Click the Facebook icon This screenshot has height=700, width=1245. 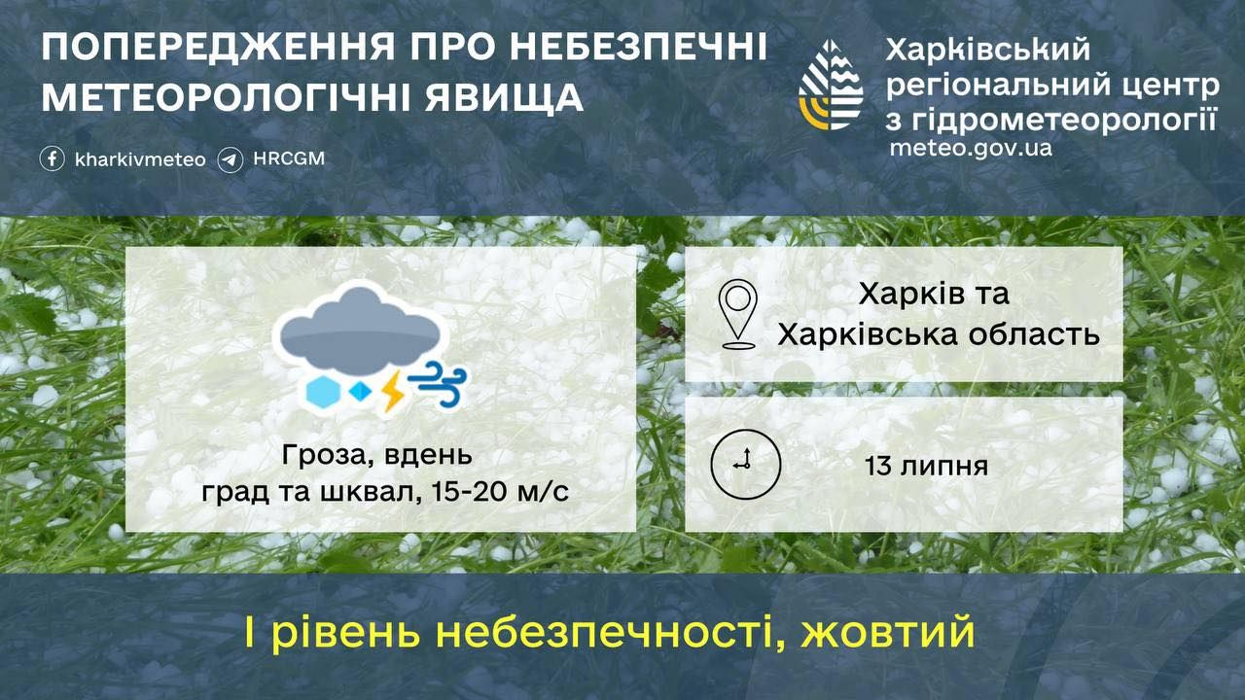(x=53, y=159)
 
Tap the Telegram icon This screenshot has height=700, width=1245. (x=231, y=160)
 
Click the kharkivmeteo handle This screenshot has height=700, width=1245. (x=140, y=160)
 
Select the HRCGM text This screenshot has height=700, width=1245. (x=289, y=158)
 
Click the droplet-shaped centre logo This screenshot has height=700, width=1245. (x=831, y=85)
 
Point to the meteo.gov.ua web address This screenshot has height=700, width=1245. (x=971, y=149)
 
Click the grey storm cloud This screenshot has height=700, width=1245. (x=359, y=330)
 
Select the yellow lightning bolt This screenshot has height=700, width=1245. (x=393, y=392)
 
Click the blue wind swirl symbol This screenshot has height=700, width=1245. (x=437, y=383)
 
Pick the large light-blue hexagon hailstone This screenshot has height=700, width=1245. (x=323, y=391)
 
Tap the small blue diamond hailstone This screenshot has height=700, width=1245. (x=360, y=391)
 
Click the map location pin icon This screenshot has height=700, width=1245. (x=738, y=314)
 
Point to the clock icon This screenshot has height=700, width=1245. (x=746, y=465)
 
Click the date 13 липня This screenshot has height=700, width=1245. (x=926, y=466)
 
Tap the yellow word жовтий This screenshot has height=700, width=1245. (x=887, y=632)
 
